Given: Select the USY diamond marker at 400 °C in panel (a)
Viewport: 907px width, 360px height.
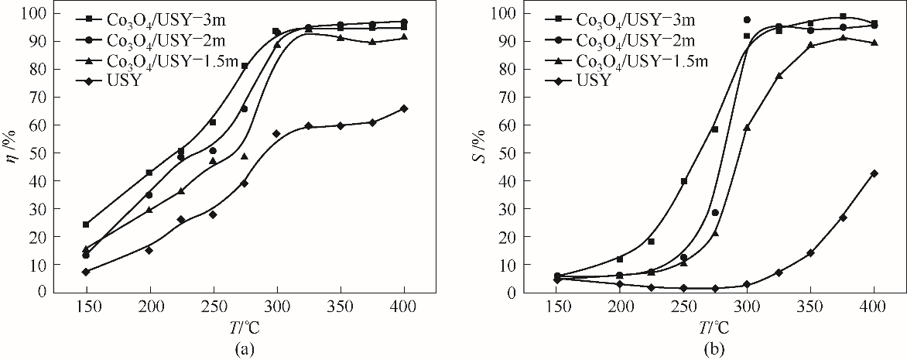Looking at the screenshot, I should (404, 108).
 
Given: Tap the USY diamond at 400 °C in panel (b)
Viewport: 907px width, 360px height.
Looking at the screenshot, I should (874, 173).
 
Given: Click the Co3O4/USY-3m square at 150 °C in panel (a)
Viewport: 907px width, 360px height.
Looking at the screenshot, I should (86, 225).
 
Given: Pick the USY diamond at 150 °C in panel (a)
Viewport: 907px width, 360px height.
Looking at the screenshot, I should (86, 272).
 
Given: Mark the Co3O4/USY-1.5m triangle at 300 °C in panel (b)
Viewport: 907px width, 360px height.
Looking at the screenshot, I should (747, 127).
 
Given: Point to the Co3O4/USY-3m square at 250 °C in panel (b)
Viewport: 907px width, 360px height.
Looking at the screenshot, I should (684, 181).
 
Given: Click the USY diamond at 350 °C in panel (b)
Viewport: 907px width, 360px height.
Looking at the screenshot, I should (810, 253).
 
